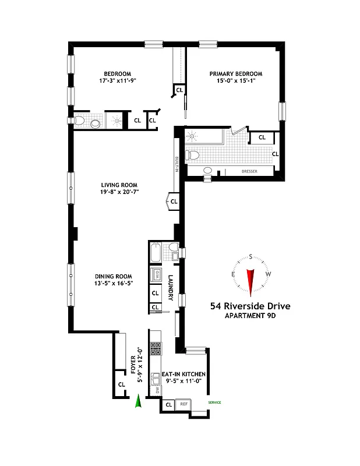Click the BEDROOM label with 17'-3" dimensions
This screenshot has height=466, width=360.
[118, 74]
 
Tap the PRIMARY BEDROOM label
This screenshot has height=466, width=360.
[236, 74]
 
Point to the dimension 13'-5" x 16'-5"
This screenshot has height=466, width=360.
[115, 285]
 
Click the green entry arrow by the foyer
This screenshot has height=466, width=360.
[138, 402]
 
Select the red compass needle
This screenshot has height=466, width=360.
[251, 281]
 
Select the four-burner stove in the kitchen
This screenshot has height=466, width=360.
[156, 348]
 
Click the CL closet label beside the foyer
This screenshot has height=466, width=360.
[122, 384]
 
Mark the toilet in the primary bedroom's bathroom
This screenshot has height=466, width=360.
[193, 155]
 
